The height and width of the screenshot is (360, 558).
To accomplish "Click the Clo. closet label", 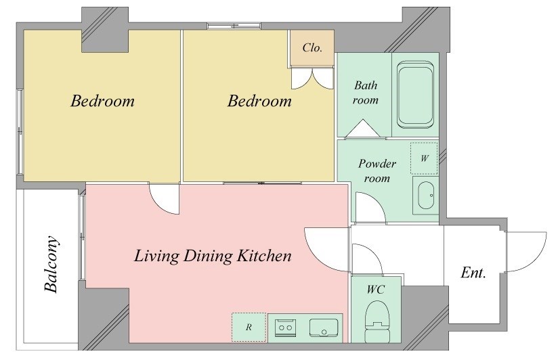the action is click(312, 47).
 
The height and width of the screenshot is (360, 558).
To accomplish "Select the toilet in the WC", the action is click(377, 321).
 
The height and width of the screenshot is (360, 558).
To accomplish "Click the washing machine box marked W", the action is click(424, 158).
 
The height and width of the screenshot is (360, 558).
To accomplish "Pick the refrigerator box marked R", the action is click(249, 328).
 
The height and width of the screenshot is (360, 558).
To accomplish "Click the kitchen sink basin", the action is click(324, 328).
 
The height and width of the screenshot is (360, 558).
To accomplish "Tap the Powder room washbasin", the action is click(426, 196).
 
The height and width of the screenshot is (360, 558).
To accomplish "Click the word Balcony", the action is click(51, 264).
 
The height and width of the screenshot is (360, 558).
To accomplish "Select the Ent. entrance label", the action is click(473, 273).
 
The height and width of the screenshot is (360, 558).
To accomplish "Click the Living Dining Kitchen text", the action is click(213, 256).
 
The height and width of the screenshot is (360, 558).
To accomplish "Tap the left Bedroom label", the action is click(102, 101).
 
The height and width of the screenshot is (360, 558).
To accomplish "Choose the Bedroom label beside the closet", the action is click(259, 101).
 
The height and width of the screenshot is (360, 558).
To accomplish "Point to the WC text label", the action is click(376, 290).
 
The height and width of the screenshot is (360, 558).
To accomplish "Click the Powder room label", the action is click(377, 171).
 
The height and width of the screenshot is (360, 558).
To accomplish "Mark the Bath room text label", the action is click(366, 93).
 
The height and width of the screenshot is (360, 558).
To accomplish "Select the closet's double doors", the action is click(312, 78).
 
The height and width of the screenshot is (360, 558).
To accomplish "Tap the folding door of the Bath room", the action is click(362, 128).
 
